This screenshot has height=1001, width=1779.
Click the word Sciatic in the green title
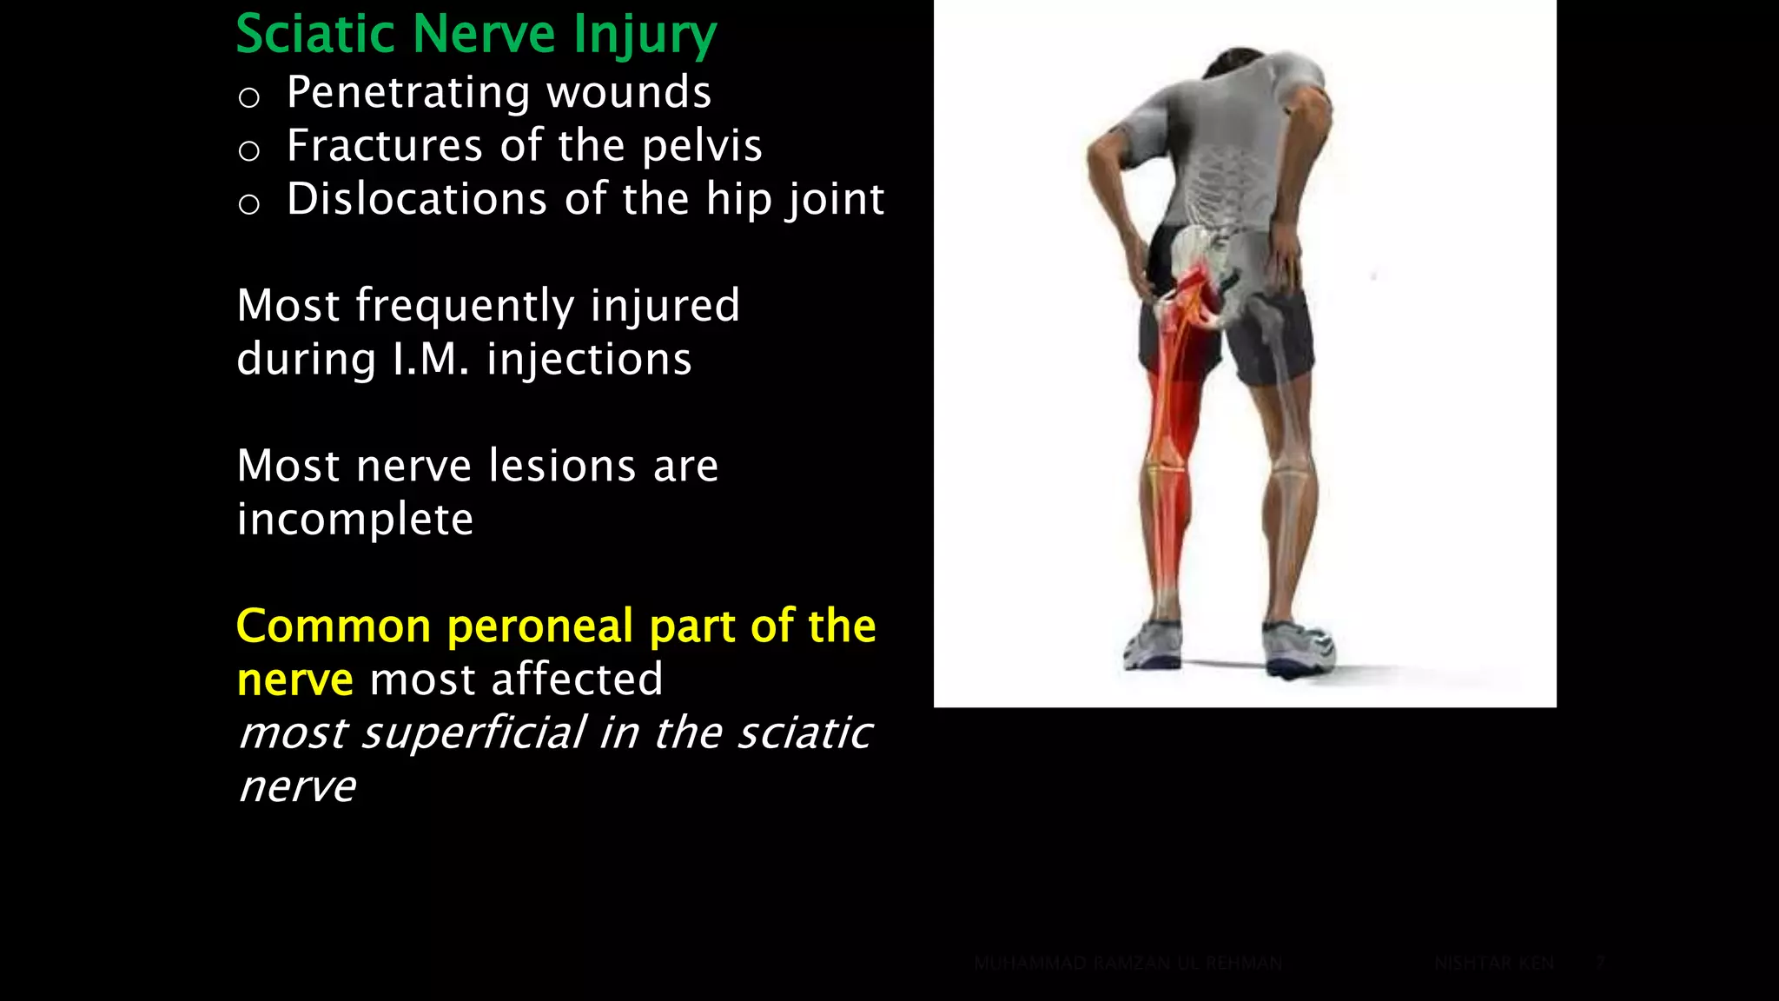[316, 35]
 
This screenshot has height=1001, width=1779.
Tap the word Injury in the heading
[645, 36]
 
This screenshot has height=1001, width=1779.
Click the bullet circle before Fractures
[249, 151]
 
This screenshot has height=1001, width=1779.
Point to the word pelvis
[702, 146]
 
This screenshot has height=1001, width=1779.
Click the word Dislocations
[417, 199]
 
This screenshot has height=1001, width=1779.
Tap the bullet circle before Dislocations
[249, 205]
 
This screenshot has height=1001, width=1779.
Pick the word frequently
[465, 307]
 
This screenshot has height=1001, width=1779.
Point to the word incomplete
[355, 520]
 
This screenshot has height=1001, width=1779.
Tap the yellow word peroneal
[539, 626]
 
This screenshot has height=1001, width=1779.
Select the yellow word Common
[334, 626]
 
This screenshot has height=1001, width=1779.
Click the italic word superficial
[473, 733]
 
